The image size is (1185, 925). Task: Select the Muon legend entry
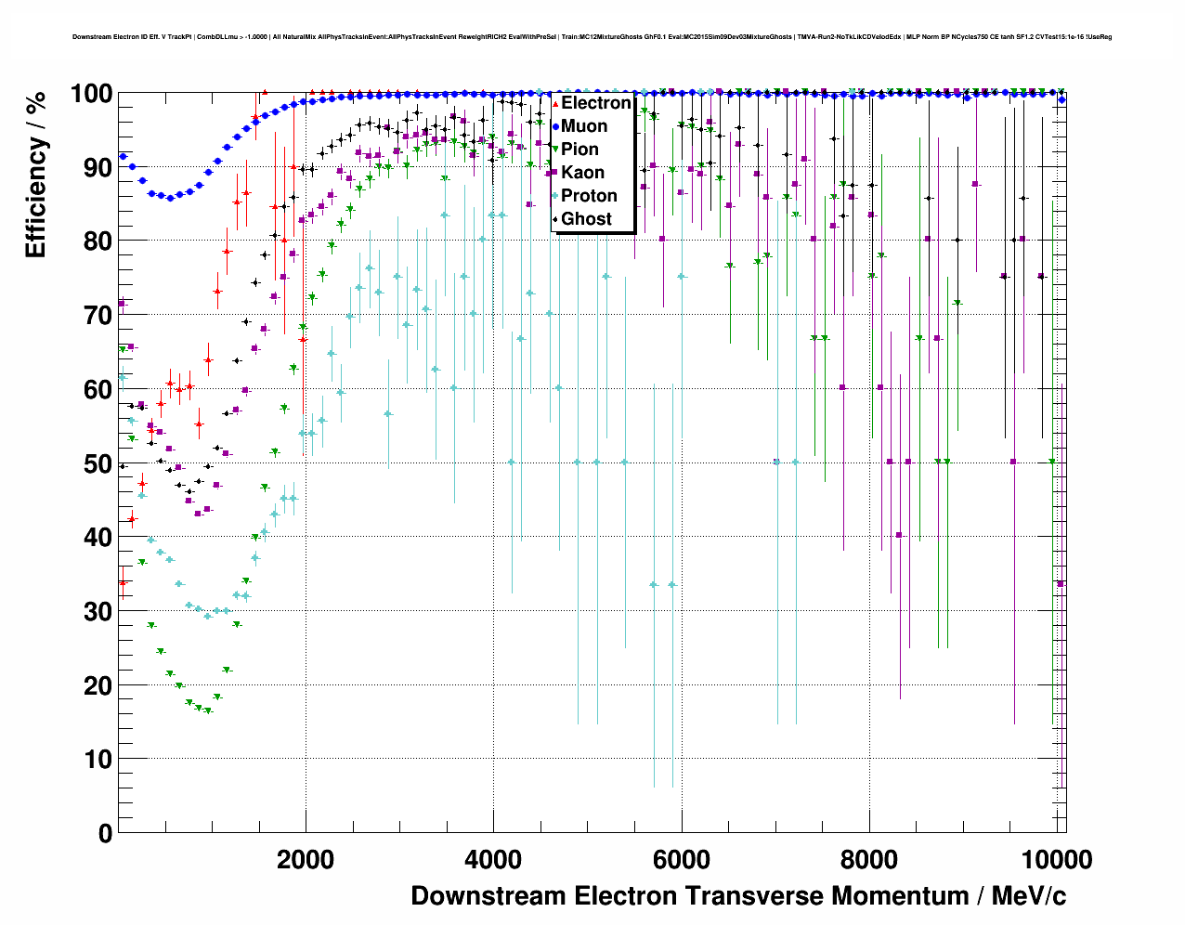coord(584,126)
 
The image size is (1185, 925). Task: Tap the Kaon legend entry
coord(582,173)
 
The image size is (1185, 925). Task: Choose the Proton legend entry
coord(589,196)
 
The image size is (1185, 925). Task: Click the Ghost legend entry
coord(586,219)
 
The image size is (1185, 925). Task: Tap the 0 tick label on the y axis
coord(105,833)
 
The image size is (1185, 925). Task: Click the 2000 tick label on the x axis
coord(306,859)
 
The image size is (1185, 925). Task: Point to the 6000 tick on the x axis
coord(681,859)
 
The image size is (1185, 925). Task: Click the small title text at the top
coord(592,37)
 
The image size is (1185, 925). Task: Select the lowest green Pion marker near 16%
coord(208,710)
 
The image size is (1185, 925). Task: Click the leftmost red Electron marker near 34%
coord(123,582)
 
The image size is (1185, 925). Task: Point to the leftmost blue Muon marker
coord(123,156)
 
